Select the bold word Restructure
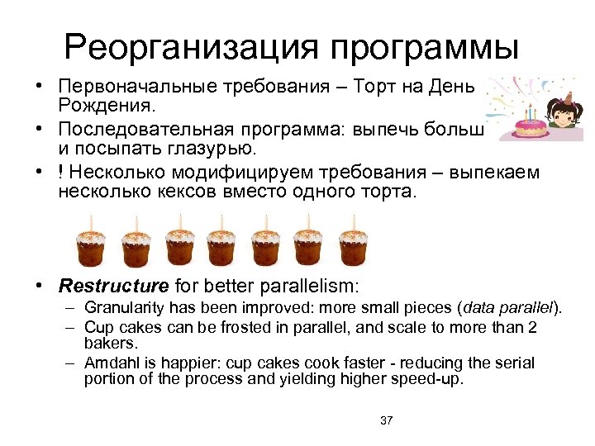[x=113, y=287]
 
